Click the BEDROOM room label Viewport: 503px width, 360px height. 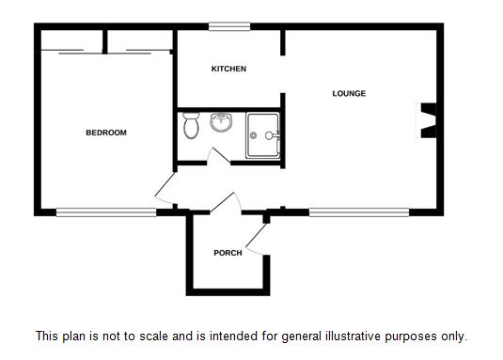[x=106, y=133]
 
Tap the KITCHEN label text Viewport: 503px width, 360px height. [x=228, y=69]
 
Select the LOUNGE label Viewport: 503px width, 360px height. [x=349, y=93]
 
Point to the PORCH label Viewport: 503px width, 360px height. [x=228, y=253]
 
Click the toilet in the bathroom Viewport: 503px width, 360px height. [x=191, y=125]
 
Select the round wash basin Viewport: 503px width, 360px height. [x=221, y=122]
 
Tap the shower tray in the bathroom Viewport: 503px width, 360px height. [x=262, y=135]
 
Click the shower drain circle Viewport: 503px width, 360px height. [x=254, y=135]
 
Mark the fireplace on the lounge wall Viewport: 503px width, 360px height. [x=427, y=120]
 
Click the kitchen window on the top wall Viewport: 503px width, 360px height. [x=229, y=26]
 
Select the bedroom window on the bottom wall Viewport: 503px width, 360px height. [x=106, y=212]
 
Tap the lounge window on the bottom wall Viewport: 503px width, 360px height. [x=359, y=212]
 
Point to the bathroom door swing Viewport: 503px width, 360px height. [x=218, y=156]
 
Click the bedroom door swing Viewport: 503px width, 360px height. [x=165, y=189]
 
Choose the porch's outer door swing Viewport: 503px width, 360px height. [x=257, y=240]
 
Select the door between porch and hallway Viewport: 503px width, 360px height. [x=226, y=203]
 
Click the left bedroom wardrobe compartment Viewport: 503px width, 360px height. [x=71, y=40]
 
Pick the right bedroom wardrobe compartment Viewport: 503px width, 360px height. [x=140, y=40]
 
